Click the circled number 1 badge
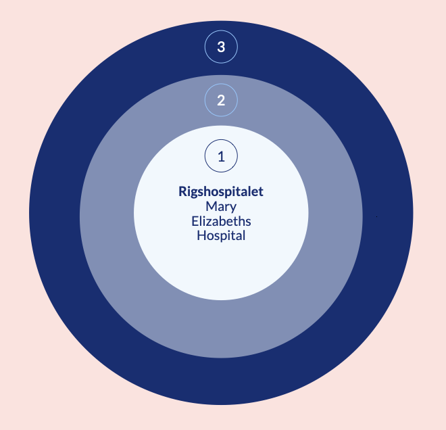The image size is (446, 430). click(221, 156)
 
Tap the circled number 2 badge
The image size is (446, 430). click(221, 101)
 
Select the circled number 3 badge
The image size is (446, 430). click(221, 47)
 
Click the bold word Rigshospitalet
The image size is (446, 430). click(221, 192)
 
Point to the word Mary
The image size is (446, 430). click(221, 207)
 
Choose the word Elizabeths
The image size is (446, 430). click(221, 221)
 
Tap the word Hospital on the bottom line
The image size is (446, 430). click(221, 236)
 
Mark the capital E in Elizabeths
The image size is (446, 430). click(195, 221)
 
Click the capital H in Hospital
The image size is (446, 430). click(201, 236)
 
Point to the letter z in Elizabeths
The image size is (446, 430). click(212, 222)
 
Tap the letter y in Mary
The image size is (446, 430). click(233, 208)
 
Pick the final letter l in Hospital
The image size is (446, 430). click(243, 236)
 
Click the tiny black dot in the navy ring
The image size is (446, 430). click(376, 217)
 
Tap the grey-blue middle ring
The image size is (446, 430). click(108, 216)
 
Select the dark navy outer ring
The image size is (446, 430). click(54, 216)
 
